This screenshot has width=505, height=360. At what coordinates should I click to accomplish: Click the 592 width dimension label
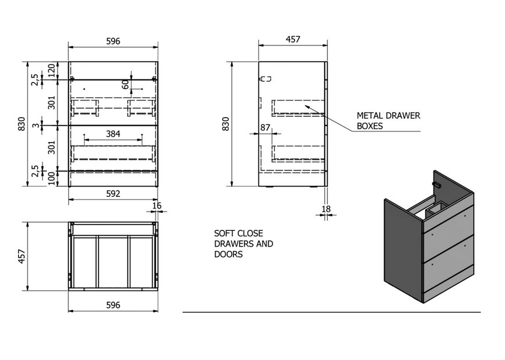(113, 194)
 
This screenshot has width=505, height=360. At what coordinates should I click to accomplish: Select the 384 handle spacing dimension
(113, 134)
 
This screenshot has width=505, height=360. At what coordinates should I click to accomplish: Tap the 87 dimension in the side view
(265, 128)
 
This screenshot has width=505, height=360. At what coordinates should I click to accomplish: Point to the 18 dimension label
(326, 209)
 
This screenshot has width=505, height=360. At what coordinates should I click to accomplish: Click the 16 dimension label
(156, 206)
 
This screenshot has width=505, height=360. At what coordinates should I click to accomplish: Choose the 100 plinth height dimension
(52, 178)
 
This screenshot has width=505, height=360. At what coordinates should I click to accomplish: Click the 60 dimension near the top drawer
(126, 84)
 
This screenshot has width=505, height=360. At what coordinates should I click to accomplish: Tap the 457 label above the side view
(293, 39)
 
